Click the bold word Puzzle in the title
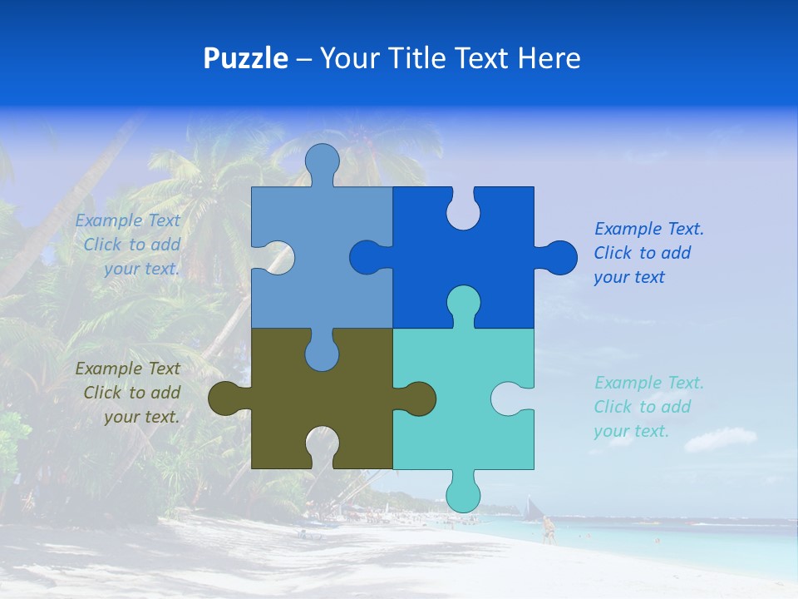point(245,58)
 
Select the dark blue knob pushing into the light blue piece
point(367,257)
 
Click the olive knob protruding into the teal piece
point(419,399)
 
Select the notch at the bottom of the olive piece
point(322,444)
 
